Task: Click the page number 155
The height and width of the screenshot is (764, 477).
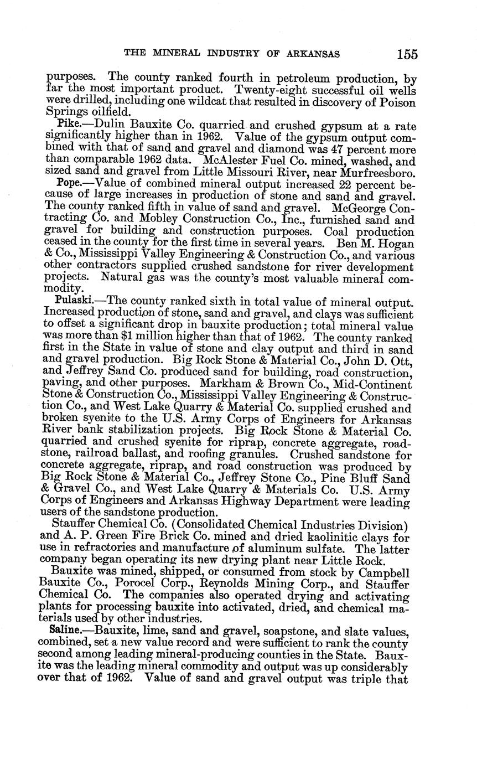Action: [407, 54]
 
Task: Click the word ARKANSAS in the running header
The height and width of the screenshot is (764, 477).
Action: [313, 54]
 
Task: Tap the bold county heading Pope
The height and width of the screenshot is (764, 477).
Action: [69, 183]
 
